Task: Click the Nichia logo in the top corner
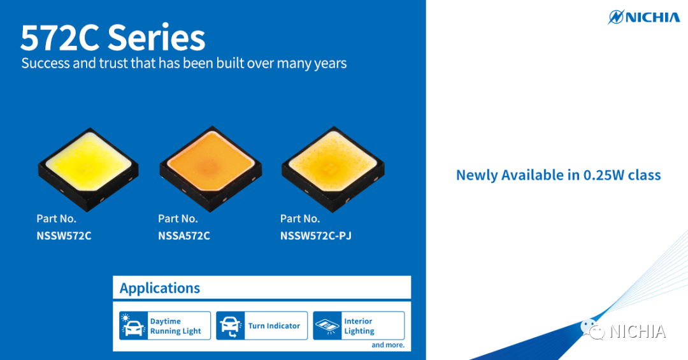click(643, 17)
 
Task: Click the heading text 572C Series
click(113, 38)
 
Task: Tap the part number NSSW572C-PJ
click(316, 236)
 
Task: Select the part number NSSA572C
click(184, 236)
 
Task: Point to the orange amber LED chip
click(211, 168)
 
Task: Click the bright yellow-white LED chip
click(88, 168)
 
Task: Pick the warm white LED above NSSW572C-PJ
click(333, 168)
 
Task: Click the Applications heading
click(160, 288)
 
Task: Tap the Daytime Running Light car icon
click(133, 326)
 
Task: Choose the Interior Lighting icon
click(327, 326)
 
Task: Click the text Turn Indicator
click(274, 326)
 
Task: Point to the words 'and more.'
click(388, 345)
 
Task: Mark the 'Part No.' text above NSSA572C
click(178, 219)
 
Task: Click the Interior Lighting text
click(359, 326)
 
